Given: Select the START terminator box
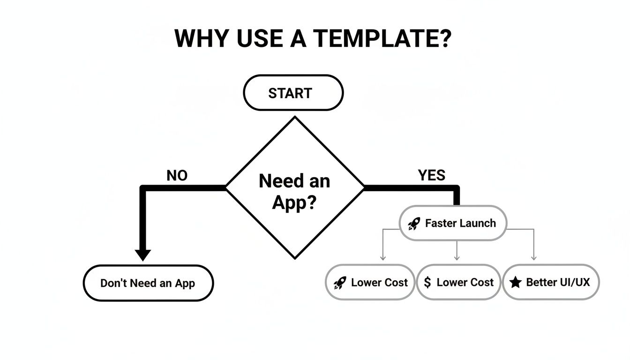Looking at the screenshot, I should (x=293, y=93).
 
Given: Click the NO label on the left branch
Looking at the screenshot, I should (x=177, y=176).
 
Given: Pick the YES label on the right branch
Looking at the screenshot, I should (x=431, y=175).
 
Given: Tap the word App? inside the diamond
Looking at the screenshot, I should (x=294, y=202).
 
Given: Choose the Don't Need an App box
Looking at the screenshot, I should (x=148, y=283).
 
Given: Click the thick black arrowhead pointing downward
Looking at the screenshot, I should (x=143, y=255).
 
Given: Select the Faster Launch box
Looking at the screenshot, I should (x=452, y=223).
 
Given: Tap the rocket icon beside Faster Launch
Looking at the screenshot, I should (x=414, y=224).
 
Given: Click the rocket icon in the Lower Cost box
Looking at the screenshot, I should (x=340, y=283).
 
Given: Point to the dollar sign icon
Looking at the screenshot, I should (x=427, y=282).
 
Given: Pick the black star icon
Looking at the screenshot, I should (x=515, y=282).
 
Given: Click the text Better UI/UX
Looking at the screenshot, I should (x=558, y=282).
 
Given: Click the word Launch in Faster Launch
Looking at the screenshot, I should (x=477, y=223).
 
